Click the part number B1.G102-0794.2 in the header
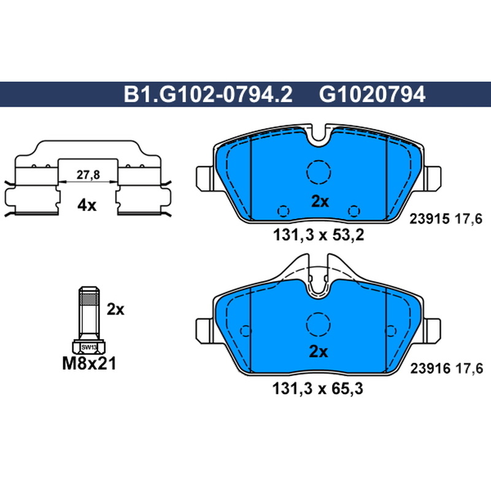tap(208, 95)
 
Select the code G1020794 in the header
tap(372, 95)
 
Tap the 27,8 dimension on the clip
tap(88, 175)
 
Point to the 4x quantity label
tap(87, 206)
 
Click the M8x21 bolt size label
tap(89, 363)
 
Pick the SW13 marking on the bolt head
tap(89, 347)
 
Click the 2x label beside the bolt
tap(115, 309)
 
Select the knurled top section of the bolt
tap(89, 296)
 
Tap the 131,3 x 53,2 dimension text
tap(319, 235)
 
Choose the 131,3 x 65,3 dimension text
tap(317, 389)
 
